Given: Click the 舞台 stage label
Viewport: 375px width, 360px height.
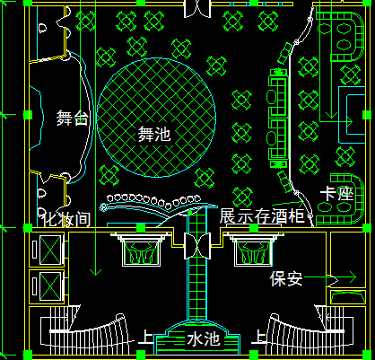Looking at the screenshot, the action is [x=73, y=118].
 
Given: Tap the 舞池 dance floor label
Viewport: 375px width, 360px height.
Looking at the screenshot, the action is [x=154, y=134].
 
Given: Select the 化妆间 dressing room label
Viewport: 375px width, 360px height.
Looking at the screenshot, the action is [x=66, y=219].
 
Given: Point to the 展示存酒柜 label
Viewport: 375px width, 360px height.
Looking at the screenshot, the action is [x=262, y=215].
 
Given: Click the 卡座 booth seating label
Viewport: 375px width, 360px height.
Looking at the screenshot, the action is [x=336, y=194].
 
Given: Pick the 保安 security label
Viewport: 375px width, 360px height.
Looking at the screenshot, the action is [x=286, y=278].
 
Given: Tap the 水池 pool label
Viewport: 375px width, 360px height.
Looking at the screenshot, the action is [x=204, y=339].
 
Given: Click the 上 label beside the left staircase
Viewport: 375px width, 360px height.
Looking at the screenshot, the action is [x=146, y=337].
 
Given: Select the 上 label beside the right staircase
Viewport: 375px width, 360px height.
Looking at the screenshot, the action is [x=259, y=337].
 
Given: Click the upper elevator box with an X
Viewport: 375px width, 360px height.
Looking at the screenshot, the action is [x=50, y=250].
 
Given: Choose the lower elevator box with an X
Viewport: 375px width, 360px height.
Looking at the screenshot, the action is [x=50, y=285].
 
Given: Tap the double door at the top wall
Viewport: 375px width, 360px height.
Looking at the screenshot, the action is [x=197, y=9].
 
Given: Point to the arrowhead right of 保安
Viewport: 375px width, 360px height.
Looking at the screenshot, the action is [x=352, y=277].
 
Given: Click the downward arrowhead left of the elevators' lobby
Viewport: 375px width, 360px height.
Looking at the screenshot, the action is [x=95, y=272].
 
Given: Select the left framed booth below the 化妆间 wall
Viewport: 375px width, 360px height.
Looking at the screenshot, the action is [x=142, y=250].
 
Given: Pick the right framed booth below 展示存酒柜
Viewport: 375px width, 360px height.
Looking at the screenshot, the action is [x=254, y=250].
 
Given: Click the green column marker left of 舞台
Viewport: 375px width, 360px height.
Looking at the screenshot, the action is [x=28, y=115].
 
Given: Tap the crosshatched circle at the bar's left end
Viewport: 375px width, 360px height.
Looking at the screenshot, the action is [x=103, y=207].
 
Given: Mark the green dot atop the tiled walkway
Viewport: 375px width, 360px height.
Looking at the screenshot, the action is [x=189, y=213].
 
